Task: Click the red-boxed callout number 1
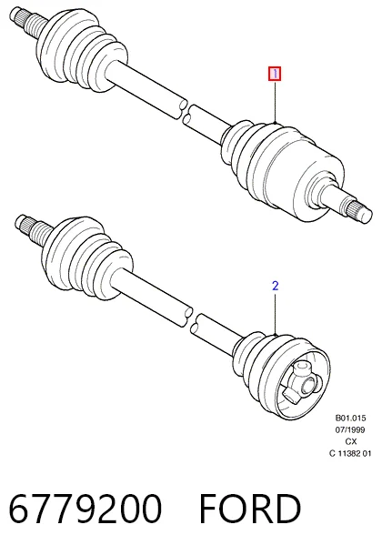[275, 74]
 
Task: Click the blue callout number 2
[276, 286]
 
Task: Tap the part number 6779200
[85, 509]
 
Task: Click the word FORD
[250, 509]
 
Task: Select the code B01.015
[350, 418]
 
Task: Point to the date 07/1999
[350, 429]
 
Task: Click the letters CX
[351, 441]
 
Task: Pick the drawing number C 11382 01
[350, 453]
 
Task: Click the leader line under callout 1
[276, 102]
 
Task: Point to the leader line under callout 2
[276, 313]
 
